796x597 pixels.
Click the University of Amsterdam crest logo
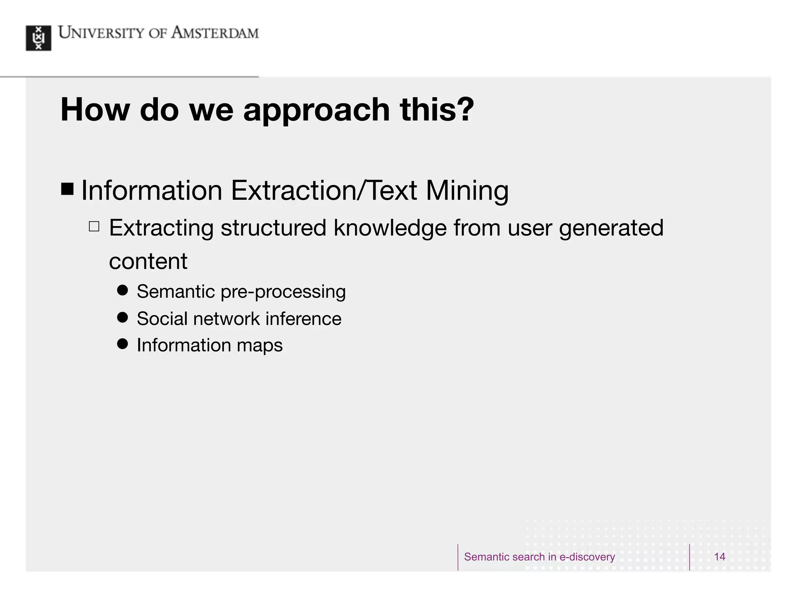tap(38, 38)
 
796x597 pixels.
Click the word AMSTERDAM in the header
tap(215, 33)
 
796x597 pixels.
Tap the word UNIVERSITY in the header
tap(101, 33)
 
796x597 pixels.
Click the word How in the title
tap(95, 110)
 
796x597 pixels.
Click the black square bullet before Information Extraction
tap(67, 189)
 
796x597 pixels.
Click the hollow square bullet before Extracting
tap(94, 226)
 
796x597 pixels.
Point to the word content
tap(148, 261)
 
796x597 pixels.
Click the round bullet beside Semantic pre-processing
tap(122, 290)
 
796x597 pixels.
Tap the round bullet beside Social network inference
tap(122, 318)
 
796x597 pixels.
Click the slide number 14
tap(719, 557)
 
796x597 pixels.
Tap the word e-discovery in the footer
tap(587, 557)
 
